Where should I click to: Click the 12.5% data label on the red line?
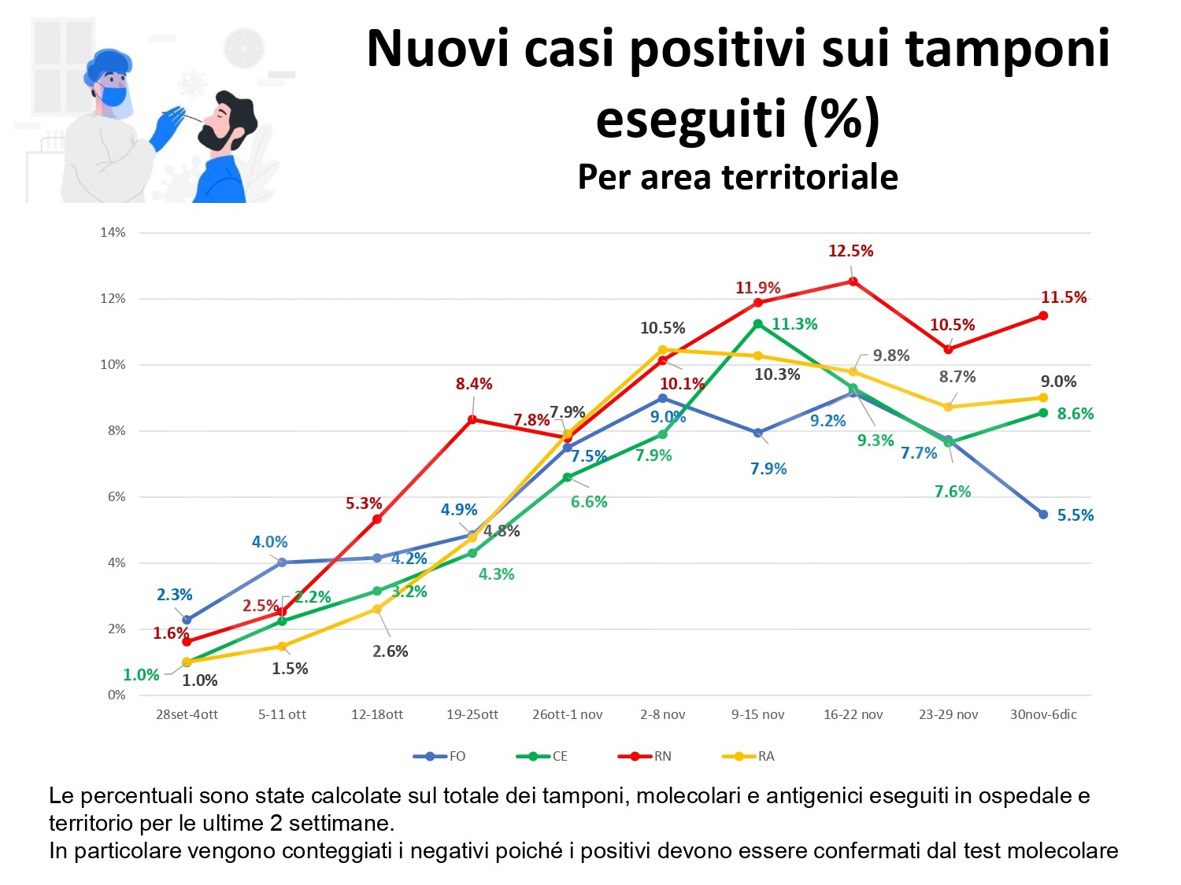coord(850,251)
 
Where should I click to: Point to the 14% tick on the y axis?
coord(113,233)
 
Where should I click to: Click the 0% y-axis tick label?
coord(117,695)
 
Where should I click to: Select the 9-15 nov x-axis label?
coord(757,714)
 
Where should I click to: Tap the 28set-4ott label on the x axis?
coord(187,714)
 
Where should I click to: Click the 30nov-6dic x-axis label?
coord(1043,714)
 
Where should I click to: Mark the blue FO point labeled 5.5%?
coord(1043,514)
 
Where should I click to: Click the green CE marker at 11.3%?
coord(758,323)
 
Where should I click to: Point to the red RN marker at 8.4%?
coord(472,419)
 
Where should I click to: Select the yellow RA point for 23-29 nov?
coord(948,407)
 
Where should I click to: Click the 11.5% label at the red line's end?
coord(1064,297)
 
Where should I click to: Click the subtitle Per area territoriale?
coord(738,177)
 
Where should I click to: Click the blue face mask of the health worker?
coord(113,96)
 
